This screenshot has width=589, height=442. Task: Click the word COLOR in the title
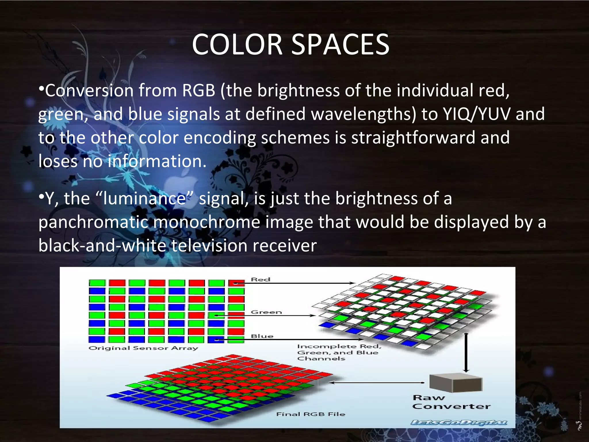pos(237,45)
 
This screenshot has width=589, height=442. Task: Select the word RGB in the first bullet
pos(198,90)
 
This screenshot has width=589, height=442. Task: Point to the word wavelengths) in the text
pos(364,114)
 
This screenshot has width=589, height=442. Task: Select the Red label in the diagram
pos(261,279)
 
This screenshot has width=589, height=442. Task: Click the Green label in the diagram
pos(266,312)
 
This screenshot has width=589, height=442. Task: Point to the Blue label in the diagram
pos(262,336)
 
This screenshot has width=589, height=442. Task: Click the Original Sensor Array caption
pos(143,348)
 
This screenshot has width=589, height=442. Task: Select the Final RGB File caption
pos(311,414)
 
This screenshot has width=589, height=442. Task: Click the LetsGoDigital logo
pos(459,423)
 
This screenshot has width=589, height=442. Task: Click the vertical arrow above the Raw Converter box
pos(466,353)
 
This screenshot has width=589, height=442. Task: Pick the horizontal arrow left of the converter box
pos(377,383)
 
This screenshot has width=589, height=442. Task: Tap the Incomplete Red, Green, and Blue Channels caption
pos(339,353)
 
